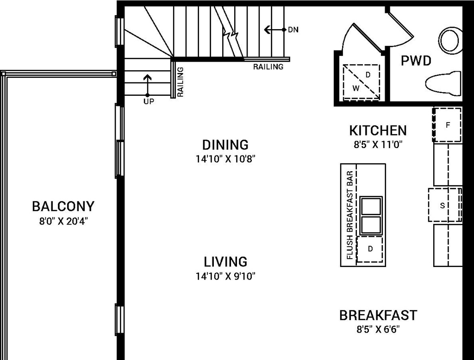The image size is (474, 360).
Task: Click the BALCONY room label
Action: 63,206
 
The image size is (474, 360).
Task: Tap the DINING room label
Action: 225,145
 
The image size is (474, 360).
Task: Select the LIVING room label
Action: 225,262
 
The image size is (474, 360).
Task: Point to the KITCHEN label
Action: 378,130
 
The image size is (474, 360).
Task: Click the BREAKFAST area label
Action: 378,316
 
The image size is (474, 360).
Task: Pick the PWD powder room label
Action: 416,61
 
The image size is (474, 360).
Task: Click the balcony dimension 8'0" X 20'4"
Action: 63,221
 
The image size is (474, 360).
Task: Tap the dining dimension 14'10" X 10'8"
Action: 225,159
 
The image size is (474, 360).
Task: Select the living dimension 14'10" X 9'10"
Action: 225,277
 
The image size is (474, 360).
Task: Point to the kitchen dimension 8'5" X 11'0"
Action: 378,144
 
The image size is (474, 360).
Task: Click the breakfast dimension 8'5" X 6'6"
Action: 378,330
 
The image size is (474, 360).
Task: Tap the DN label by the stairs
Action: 293,30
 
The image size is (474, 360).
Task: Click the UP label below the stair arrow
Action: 149,101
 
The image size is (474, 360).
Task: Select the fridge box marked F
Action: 447,125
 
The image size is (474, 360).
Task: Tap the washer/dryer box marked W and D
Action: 361,82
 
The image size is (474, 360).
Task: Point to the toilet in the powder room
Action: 443,84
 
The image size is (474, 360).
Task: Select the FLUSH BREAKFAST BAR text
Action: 350,215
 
